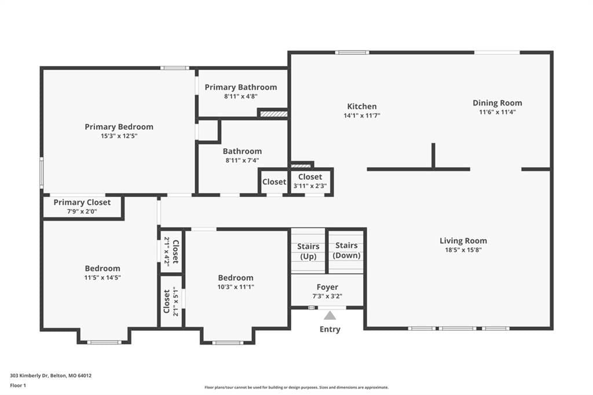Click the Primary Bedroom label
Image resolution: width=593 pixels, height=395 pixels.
[119, 127]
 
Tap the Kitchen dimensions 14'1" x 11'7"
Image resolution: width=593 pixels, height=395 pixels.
[362, 116]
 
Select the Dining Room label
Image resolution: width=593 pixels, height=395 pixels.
[497, 103]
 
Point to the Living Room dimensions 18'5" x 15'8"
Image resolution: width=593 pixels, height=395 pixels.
[463, 250]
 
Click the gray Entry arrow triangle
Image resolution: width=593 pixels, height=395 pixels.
[330, 315]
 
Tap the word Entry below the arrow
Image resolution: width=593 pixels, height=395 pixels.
[330, 329]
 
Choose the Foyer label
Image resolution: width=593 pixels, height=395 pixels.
[328, 287]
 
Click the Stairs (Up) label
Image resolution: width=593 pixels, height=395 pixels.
[308, 251]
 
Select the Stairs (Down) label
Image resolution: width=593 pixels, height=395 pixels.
[346, 250]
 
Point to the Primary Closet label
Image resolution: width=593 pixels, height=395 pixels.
[82, 202]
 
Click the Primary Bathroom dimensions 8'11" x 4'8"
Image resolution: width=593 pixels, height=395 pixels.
[241, 97]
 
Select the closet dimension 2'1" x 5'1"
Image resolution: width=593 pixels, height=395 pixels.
[175, 302]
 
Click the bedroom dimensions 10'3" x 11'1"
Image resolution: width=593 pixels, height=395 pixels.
[236, 287]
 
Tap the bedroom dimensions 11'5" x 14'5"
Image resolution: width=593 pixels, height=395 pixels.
[103, 277]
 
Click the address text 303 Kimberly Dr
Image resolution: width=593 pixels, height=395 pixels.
[30, 376]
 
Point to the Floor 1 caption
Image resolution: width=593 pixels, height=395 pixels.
[18, 386]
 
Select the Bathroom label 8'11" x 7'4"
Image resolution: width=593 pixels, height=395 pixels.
[243, 155]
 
